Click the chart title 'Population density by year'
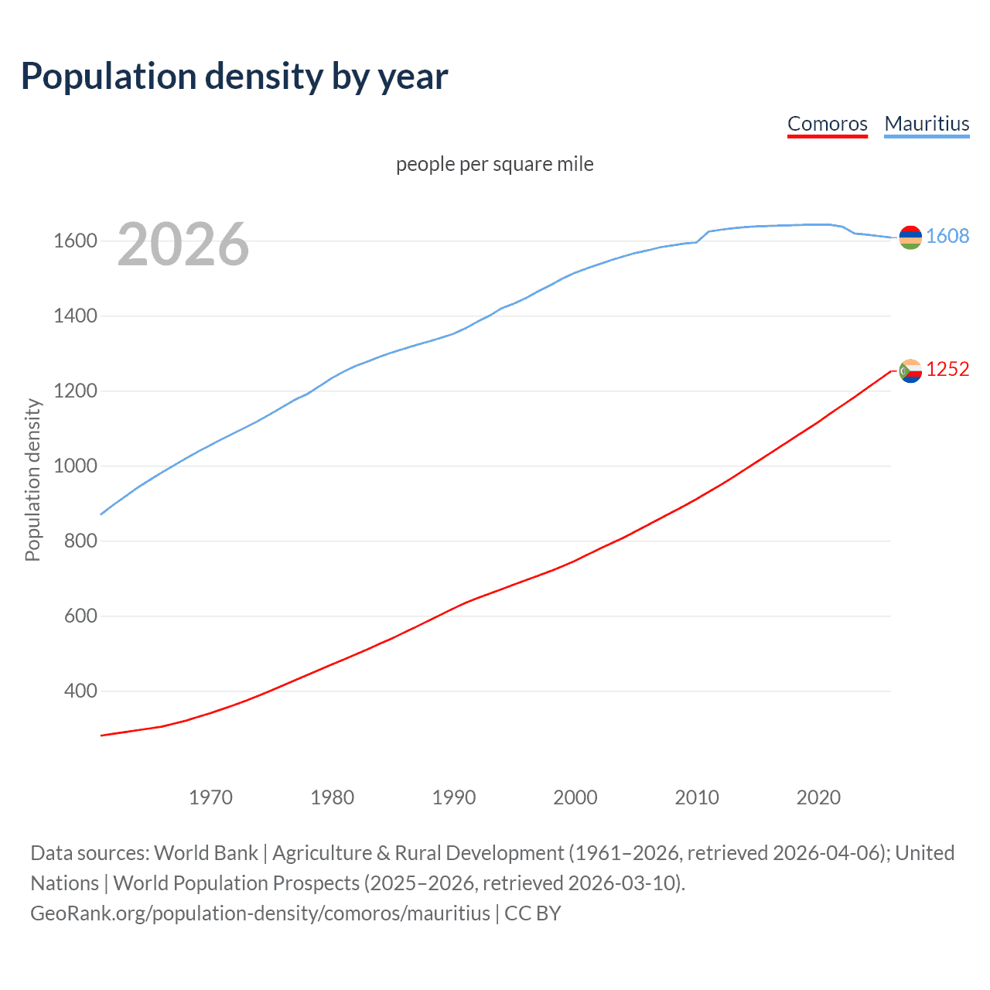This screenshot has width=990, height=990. [234, 77]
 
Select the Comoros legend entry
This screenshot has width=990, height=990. [827, 124]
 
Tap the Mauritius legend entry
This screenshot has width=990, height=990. [927, 124]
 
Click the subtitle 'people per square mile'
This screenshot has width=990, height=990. [494, 164]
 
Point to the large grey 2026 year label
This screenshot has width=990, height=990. [183, 244]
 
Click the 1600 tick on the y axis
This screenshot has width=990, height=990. [75, 241]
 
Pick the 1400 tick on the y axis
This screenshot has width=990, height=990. [75, 316]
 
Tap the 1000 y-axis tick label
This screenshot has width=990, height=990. [75, 466]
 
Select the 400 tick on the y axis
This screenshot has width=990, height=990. [80, 691]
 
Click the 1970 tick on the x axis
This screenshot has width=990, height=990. [210, 797]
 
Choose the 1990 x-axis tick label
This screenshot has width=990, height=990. [454, 797]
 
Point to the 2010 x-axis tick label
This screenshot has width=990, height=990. [697, 797]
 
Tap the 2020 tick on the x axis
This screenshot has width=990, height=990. [818, 797]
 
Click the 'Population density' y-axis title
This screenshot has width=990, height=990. [32, 480]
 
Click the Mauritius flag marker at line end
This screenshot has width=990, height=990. [910, 237]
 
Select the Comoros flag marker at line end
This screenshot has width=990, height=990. [910, 371]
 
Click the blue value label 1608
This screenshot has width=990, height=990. [947, 236]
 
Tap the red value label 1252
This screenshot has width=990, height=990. [947, 369]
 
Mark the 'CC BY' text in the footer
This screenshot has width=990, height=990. [532, 913]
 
